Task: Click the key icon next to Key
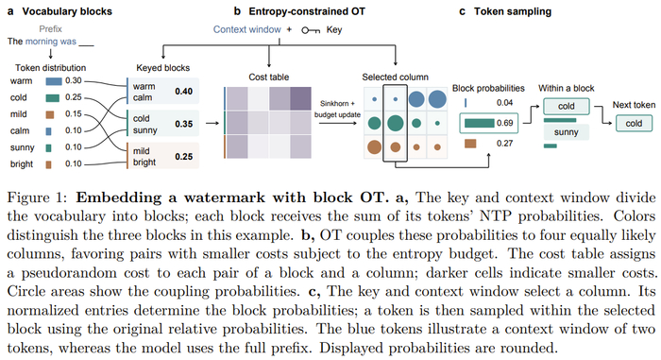(311, 30)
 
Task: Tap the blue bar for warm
(54, 81)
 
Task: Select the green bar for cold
(52, 98)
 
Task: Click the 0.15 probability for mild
(74, 114)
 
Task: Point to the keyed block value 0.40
(184, 92)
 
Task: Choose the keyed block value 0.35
(184, 124)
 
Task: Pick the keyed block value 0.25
(184, 157)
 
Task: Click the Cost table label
(268, 77)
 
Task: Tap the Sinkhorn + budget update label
(337, 109)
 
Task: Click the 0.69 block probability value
(504, 123)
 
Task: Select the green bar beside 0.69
(480, 123)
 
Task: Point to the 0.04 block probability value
(504, 103)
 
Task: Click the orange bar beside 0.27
(470, 144)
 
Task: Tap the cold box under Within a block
(567, 107)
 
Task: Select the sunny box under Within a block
(567, 132)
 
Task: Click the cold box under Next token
(634, 123)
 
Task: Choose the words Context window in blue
(247, 29)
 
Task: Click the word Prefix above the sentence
(50, 29)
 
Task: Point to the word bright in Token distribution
(22, 164)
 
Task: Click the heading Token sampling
(513, 12)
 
